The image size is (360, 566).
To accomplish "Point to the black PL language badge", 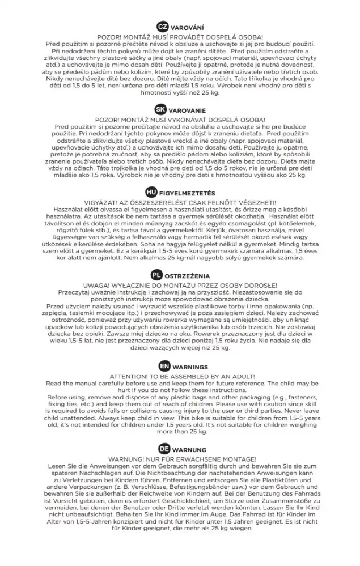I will coord(156,275).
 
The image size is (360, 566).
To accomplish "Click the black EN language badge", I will coord(164,367).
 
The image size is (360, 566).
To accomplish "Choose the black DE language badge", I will coord(164,449).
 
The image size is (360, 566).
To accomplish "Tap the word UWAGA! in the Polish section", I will coord(96,285).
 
